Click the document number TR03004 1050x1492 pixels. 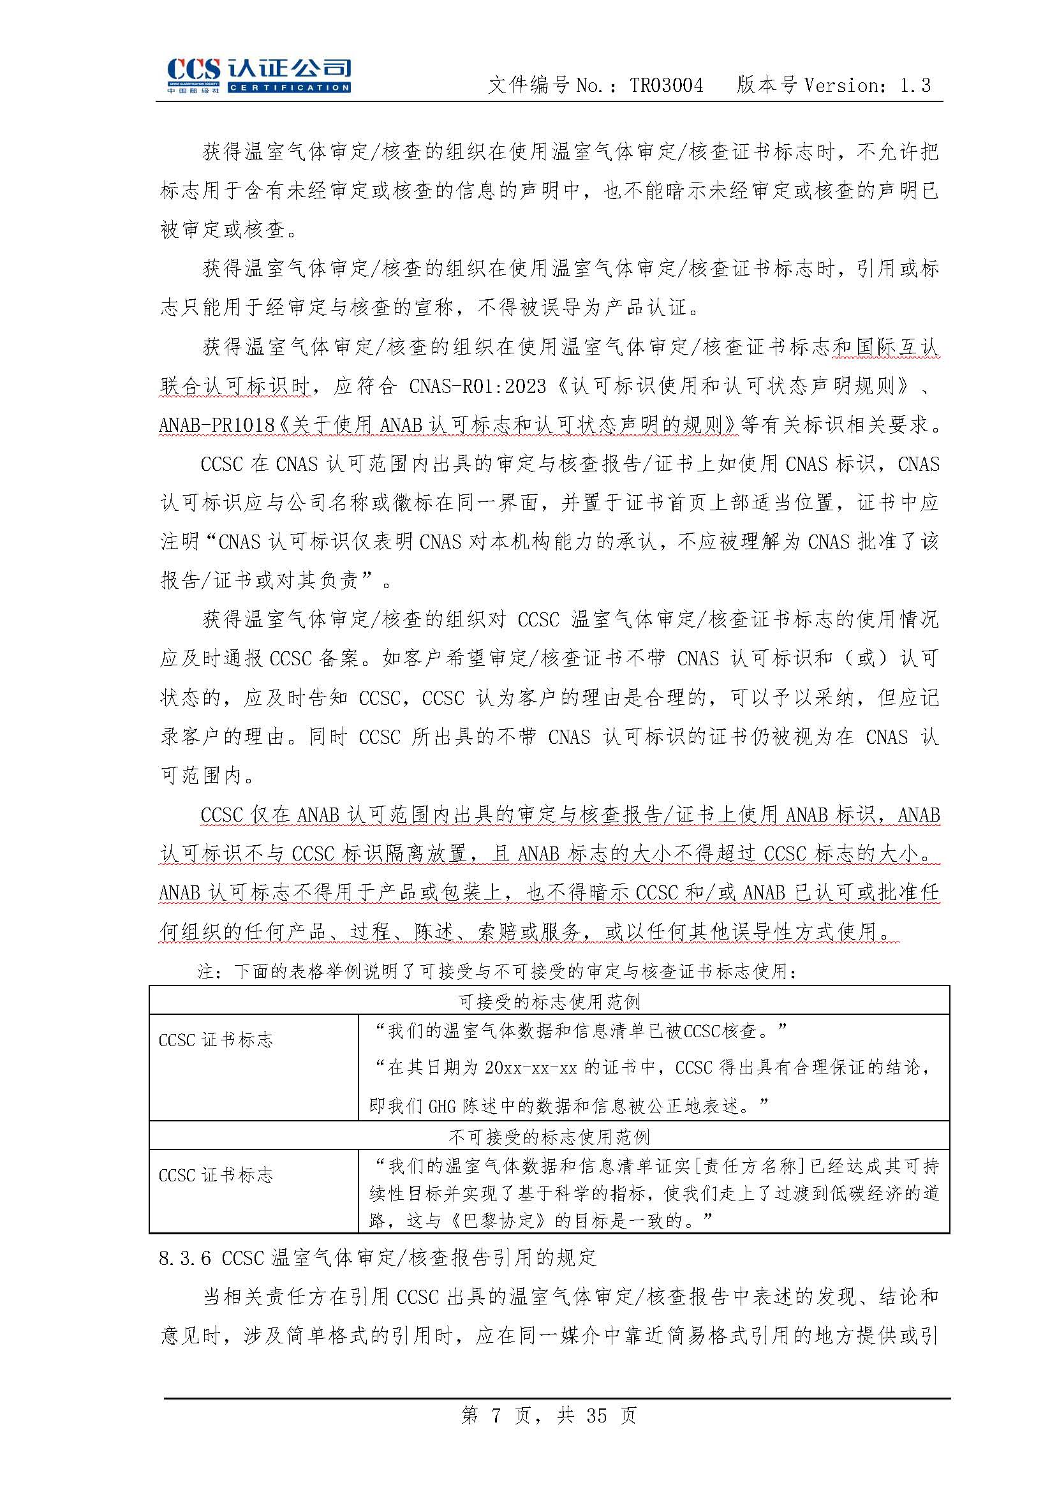coord(666,85)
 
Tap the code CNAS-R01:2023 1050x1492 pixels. coord(478,386)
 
